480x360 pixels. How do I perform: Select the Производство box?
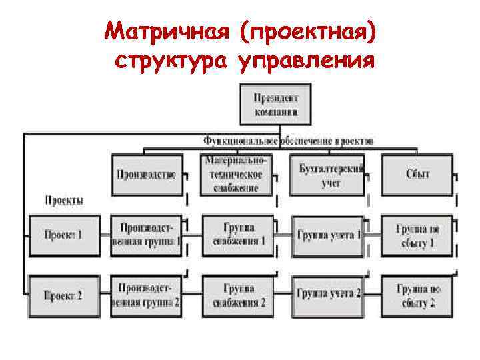147,174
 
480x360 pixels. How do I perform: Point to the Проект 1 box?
63,235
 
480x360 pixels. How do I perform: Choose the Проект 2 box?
63,294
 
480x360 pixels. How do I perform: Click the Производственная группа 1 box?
147,235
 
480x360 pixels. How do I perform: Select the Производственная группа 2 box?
147,294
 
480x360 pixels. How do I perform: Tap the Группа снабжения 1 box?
238,235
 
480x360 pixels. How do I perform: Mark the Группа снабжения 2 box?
238,294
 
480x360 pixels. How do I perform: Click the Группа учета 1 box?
328,235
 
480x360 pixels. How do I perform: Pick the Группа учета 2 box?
328,294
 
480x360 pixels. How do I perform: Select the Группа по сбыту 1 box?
418,235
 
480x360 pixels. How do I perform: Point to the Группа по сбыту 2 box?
418,294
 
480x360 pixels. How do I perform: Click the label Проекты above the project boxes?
64,199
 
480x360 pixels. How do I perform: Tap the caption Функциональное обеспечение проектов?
289,141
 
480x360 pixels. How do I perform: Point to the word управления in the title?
305,61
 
